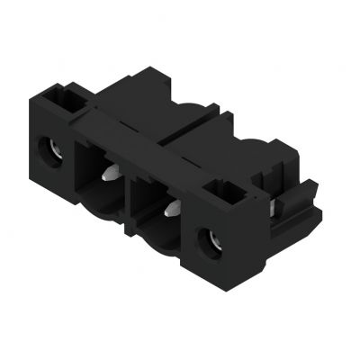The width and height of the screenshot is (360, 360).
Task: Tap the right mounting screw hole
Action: point(214,240)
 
